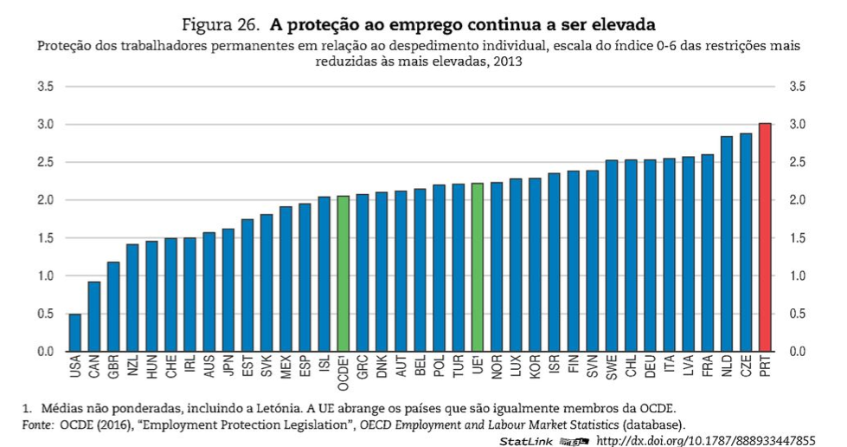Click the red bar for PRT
765,237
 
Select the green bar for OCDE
343,274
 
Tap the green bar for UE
478,268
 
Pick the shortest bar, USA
75,333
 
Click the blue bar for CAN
94,316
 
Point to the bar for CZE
746,243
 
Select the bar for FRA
708,253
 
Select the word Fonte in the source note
35,424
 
